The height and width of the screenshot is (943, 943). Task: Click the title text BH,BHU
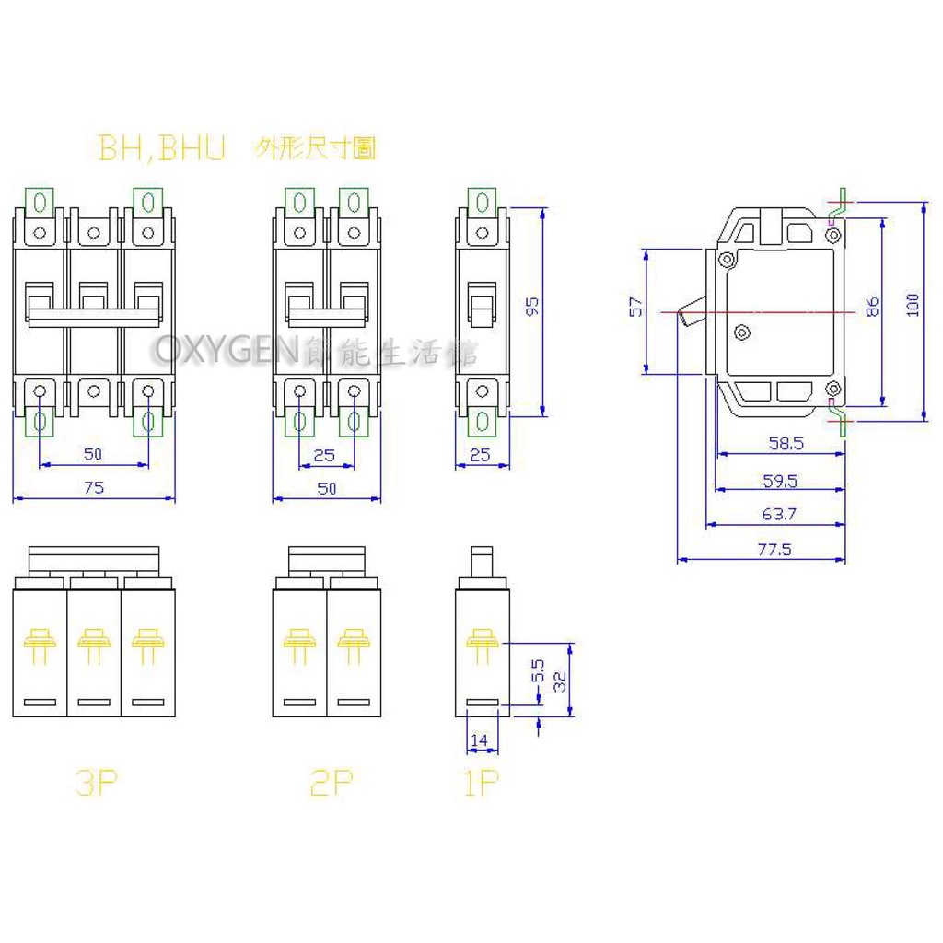pyautogui.click(x=161, y=150)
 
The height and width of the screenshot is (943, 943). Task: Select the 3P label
pyautogui.click(x=96, y=784)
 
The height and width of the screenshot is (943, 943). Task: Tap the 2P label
pyautogui.click(x=332, y=784)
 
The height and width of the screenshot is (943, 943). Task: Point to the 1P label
pyautogui.click(x=481, y=784)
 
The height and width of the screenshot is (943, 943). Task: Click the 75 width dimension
pyautogui.click(x=93, y=489)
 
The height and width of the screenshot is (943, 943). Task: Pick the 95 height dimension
pyautogui.click(x=531, y=308)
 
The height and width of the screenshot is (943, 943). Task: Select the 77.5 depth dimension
pyautogui.click(x=774, y=551)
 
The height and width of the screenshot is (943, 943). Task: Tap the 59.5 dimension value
pyautogui.click(x=779, y=480)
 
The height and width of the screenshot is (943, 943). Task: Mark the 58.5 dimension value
pyautogui.click(x=786, y=443)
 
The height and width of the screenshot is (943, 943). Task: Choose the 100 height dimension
pyautogui.click(x=913, y=306)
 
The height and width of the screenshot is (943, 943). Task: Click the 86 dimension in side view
pyautogui.click(x=873, y=307)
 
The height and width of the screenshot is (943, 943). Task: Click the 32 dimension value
pyautogui.click(x=559, y=681)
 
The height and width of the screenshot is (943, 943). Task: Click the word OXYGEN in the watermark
pyautogui.click(x=227, y=351)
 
